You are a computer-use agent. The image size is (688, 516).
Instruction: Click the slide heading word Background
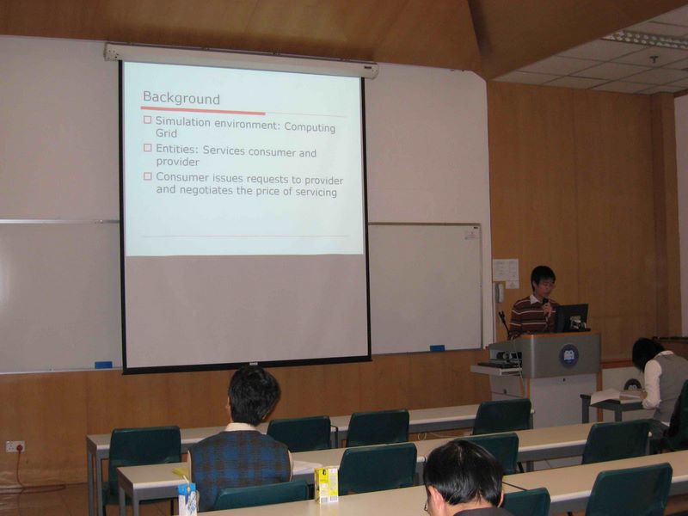(181, 98)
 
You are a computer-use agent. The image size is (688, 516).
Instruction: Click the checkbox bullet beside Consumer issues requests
(147, 176)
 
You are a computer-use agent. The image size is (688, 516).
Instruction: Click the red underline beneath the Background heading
(203, 110)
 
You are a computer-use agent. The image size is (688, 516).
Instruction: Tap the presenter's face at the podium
(544, 286)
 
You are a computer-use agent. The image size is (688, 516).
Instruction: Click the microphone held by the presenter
(545, 305)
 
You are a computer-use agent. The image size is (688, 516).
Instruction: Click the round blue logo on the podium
(568, 356)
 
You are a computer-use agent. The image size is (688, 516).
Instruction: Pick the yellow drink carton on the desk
(326, 484)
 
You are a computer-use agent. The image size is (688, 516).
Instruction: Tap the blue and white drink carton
(187, 499)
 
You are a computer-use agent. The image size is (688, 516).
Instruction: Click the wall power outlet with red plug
(15, 446)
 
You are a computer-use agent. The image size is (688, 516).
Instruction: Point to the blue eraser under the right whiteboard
(437, 348)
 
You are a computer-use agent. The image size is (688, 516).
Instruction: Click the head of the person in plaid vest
(254, 396)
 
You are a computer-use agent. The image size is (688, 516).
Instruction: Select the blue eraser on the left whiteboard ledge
(103, 365)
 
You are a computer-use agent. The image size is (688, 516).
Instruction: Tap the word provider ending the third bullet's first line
(324, 181)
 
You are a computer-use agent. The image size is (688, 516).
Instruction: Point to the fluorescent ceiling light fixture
(645, 40)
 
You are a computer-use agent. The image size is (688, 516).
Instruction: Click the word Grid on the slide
(166, 133)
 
